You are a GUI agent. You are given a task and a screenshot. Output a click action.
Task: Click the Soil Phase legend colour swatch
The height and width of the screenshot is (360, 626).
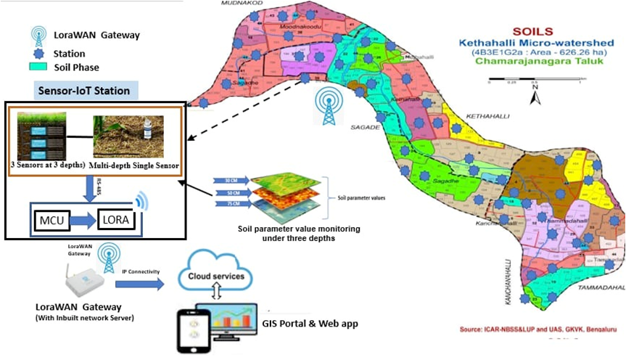39,67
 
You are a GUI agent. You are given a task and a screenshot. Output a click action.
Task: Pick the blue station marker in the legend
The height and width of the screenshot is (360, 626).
39,52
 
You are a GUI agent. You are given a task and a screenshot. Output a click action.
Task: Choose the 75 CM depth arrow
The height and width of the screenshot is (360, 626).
229,205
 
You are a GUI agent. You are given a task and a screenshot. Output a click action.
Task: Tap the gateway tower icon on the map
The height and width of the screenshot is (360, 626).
325,105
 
